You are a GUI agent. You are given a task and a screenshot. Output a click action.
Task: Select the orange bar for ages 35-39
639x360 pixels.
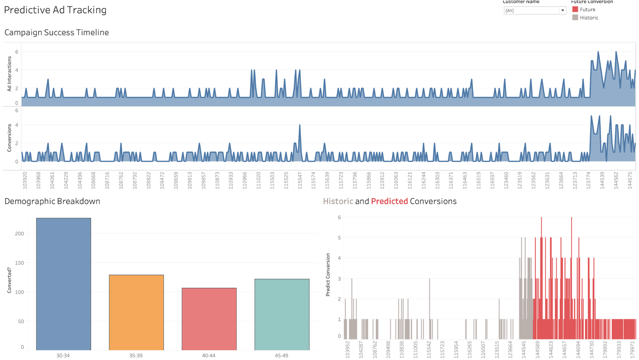136,312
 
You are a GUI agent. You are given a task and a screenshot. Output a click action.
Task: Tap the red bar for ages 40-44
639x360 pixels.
209,319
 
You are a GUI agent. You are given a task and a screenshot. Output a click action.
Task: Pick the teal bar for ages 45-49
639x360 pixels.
282,314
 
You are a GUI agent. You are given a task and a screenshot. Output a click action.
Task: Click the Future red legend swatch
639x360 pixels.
575,9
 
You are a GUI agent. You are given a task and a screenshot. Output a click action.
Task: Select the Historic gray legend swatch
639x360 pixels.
575,18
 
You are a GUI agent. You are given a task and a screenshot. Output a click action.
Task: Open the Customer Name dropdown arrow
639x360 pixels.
563,10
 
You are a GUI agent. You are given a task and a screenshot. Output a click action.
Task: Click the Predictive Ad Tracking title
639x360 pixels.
55,10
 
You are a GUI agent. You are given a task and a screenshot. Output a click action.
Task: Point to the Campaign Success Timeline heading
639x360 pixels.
57,32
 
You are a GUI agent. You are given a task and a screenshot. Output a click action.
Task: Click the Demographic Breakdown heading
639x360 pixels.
52,201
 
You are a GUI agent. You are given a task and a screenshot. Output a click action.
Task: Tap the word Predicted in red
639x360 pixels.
389,201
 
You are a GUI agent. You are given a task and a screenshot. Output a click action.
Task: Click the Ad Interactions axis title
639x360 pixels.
9,74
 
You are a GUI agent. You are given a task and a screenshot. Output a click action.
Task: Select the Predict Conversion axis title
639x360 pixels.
328,275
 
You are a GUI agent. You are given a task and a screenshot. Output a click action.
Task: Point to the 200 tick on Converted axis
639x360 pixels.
20,234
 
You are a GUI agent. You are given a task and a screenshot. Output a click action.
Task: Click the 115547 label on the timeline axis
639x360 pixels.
300,180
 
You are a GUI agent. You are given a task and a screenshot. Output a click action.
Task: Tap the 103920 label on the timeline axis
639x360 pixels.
25,180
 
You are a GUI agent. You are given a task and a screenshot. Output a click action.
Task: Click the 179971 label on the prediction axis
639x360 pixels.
632,349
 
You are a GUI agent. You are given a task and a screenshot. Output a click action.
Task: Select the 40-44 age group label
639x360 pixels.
209,355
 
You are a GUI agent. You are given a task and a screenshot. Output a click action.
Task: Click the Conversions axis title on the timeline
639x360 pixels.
9,138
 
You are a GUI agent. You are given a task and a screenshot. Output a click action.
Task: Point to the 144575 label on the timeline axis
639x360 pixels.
630,180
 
